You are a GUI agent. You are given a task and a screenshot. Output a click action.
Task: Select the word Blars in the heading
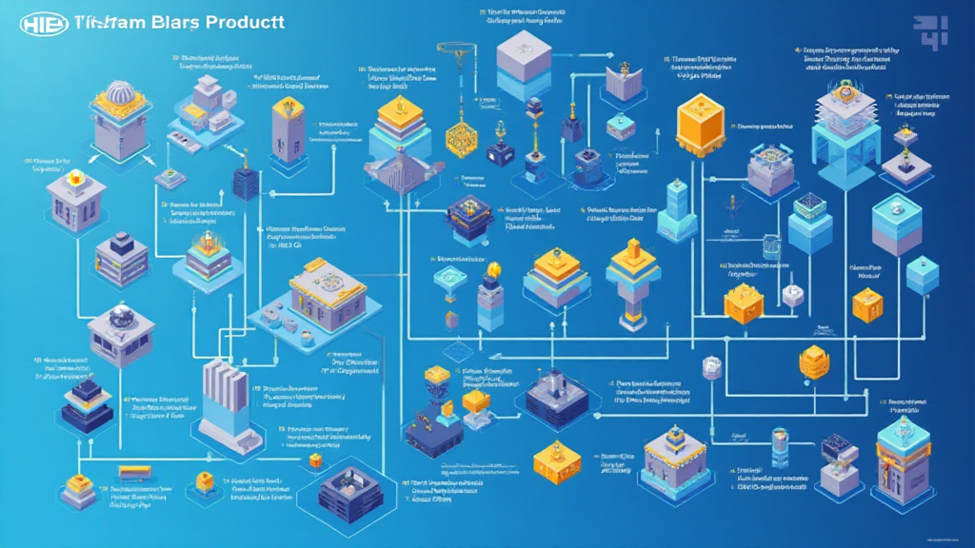tap(170, 25)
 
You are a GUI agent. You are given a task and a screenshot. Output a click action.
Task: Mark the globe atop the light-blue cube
tap(895, 207)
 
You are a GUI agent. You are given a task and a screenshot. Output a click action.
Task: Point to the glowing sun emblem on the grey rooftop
tap(68, 178)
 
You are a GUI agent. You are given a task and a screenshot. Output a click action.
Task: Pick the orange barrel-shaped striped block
tap(814, 362)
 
